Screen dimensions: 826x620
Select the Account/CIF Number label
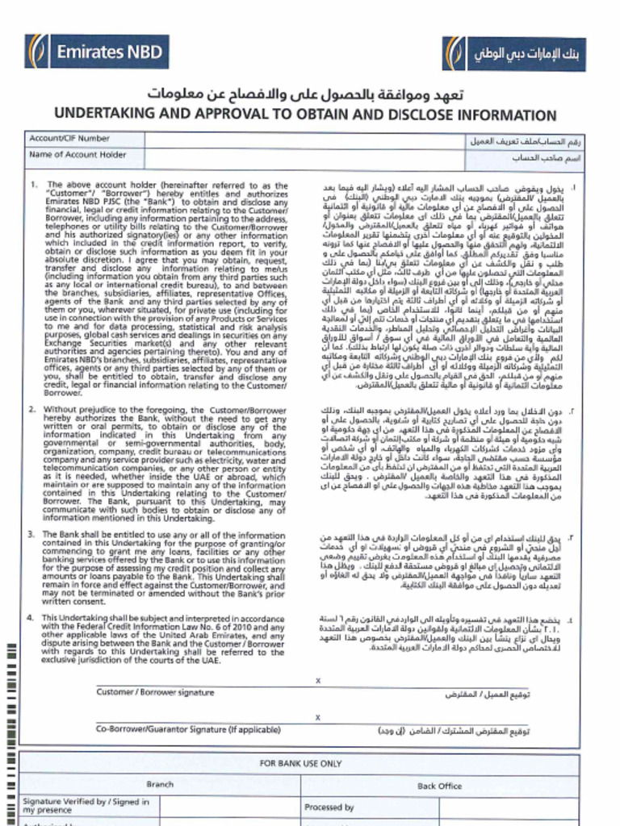(x=69, y=139)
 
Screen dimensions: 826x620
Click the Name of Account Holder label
(x=77, y=155)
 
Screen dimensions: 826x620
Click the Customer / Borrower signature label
(x=155, y=692)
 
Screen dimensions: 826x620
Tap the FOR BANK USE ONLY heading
(x=300, y=763)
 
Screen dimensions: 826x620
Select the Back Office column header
(x=439, y=786)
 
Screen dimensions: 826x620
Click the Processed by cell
(x=329, y=807)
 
